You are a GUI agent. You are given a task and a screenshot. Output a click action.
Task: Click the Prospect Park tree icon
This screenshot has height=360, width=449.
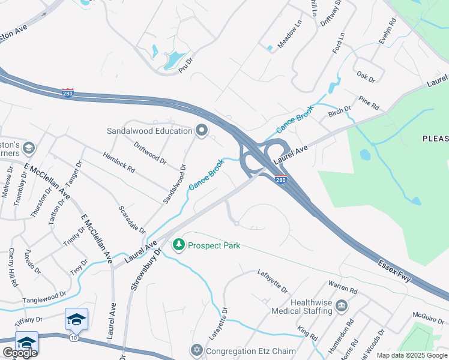tap(178, 245)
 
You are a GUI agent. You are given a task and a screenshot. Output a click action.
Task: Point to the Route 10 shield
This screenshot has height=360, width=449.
tap(73, 338)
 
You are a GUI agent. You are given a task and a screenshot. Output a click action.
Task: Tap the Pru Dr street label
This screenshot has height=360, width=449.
tap(186, 65)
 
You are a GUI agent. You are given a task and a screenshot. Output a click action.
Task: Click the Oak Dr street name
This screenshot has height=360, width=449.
tap(366, 79)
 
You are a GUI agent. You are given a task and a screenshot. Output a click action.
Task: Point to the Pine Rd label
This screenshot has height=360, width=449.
tap(369, 103)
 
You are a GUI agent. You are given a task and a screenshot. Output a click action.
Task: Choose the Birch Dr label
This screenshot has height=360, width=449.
tap(339, 112)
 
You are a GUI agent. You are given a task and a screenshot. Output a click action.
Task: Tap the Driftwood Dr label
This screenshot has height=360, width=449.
tap(149, 152)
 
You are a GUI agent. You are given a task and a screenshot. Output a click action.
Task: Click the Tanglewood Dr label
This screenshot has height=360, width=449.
tap(44, 296)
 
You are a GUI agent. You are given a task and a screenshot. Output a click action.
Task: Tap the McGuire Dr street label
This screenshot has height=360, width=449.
tap(428, 314)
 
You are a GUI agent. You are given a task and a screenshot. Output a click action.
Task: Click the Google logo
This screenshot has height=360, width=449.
tap(19, 353)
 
